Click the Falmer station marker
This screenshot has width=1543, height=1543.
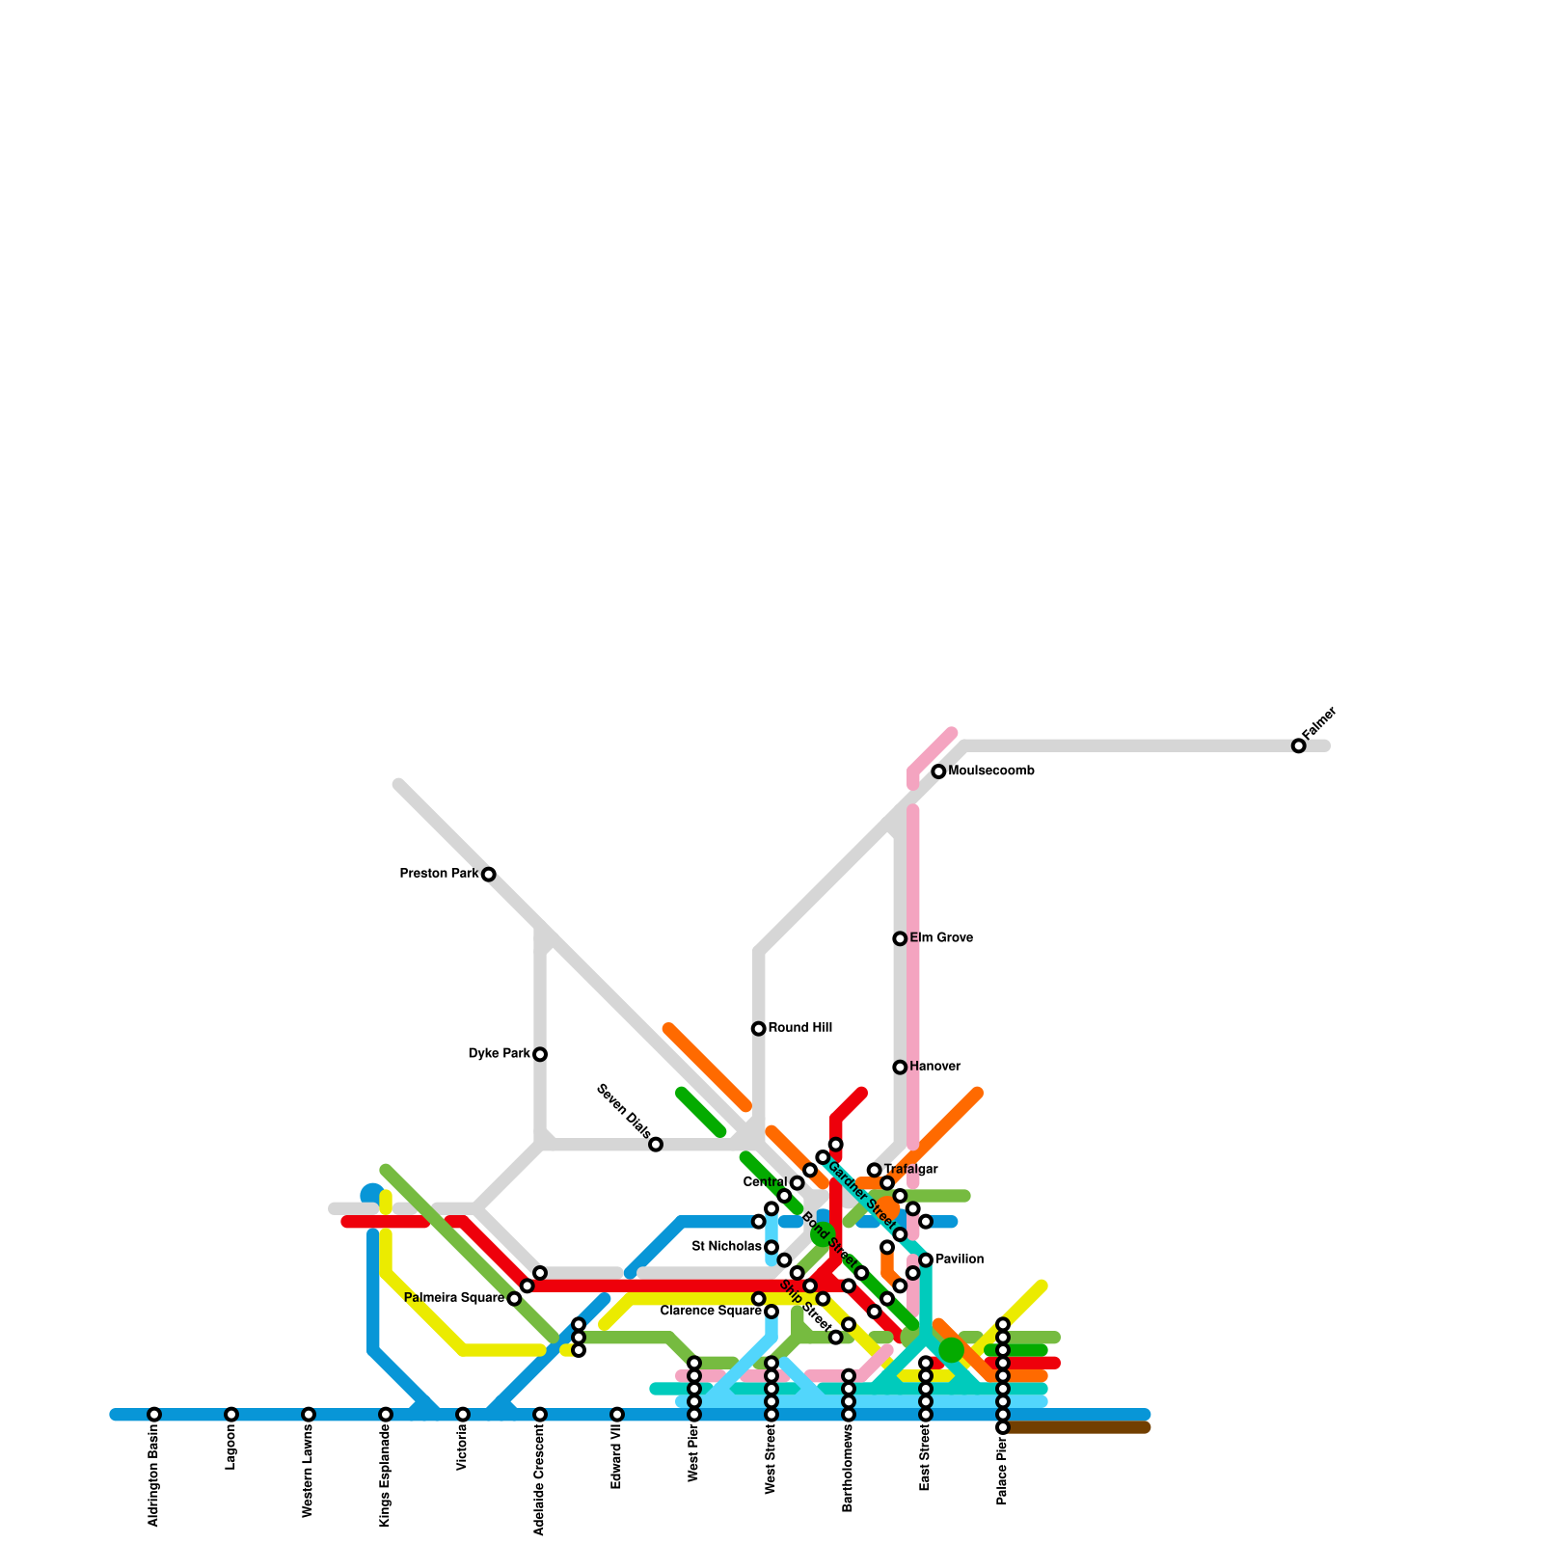pyautogui.click(x=1298, y=745)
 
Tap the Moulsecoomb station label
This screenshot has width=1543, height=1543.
pyautogui.click(x=991, y=771)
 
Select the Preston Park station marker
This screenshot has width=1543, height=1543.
pyautogui.click(x=489, y=874)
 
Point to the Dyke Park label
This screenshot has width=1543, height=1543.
pyautogui.click(x=499, y=1054)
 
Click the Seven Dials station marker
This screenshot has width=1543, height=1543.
pyautogui.click(x=656, y=1145)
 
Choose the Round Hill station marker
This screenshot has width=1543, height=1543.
pyautogui.click(x=759, y=1029)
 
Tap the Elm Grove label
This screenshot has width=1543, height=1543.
pyautogui.click(x=941, y=938)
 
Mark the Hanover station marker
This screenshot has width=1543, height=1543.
pyautogui.click(x=900, y=1067)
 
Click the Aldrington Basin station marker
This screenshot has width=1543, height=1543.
pyautogui.click(x=154, y=1414)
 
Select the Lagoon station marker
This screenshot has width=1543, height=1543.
pyautogui.click(x=231, y=1414)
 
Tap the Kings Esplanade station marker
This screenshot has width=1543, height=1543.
pyautogui.click(x=386, y=1414)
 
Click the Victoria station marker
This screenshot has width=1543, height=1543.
pyautogui.click(x=463, y=1414)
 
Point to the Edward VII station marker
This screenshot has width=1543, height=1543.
pyautogui.click(x=617, y=1414)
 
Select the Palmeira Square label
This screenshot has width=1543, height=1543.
pyautogui.click(x=454, y=1298)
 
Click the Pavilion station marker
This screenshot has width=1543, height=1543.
pyautogui.click(x=926, y=1259)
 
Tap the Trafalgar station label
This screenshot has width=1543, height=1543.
pyautogui.click(x=911, y=1170)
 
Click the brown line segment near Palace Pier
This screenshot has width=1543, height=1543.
pyautogui.click(x=1080, y=1427)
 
